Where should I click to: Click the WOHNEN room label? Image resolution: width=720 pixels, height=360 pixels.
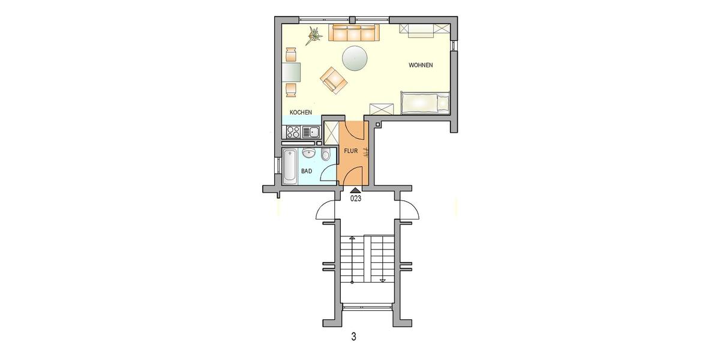pyautogui.click(x=421, y=65)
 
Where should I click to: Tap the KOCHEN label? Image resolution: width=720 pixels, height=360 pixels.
pyautogui.click(x=300, y=113)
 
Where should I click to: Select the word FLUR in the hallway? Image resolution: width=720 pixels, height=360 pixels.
pyautogui.click(x=351, y=151)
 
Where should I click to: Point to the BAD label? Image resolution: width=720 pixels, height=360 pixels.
pyautogui.click(x=307, y=172)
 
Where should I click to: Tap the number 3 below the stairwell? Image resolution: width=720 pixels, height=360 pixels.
pyautogui.click(x=353, y=337)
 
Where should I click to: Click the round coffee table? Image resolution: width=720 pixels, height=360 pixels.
pyautogui.click(x=355, y=58)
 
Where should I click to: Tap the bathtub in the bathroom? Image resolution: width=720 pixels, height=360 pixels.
pyautogui.click(x=290, y=166)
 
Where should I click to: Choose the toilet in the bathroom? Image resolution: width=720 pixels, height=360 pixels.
pyautogui.click(x=326, y=155)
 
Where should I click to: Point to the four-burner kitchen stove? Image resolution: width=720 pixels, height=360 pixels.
pyautogui.click(x=293, y=132)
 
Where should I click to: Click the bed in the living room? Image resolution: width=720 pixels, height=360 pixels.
pyautogui.click(x=424, y=103)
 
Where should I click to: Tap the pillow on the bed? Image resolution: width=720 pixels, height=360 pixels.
pyautogui.click(x=443, y=103)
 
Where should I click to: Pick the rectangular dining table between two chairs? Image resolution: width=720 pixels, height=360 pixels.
pyautogui.click(x=292, y=73)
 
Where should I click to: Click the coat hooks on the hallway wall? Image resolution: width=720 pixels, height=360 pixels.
pyautogui.click(x=366, y=151)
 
